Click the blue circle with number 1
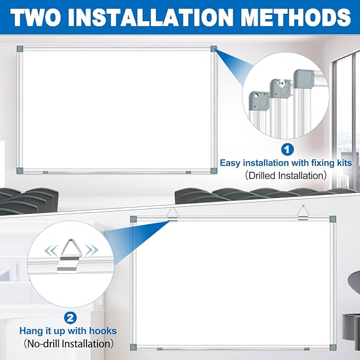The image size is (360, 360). pyautogui.click(x=286, y=150)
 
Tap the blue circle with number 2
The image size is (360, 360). pyautogui.click(x=69, y=318)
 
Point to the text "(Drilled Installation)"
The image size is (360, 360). pyautogui.click(x=286, y=175)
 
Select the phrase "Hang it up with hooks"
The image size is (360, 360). pyautogui.click(x=68, y=331)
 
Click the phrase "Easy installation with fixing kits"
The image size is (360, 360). pyautogui.click(x=286, y=163)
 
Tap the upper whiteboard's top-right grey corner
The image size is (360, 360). pyautogui.click(x=213, y=49)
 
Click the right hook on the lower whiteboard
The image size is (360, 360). pyautogui.click(x=302, y=213)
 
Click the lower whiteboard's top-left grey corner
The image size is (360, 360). pyautogui.click(x=134, y=218)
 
